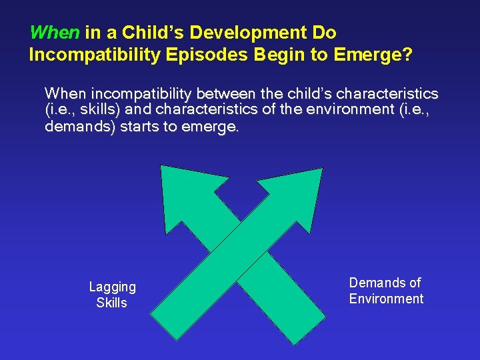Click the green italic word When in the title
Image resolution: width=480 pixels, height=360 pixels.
(55, 32)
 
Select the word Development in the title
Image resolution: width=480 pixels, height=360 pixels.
(247, 32)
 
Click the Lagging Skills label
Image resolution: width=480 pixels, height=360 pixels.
(112, 294)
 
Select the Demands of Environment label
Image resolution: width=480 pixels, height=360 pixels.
(386, 291)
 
